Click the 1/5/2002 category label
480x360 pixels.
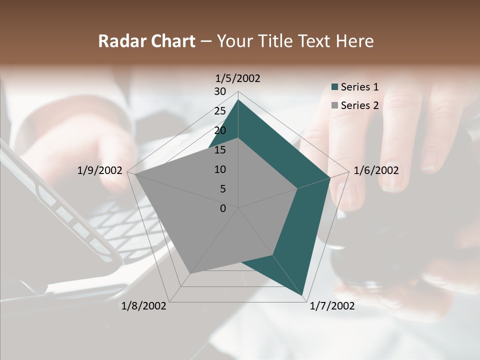point(238,78)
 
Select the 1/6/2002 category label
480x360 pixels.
point(376,170)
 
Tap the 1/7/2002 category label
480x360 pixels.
point(332,306)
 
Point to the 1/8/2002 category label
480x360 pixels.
point(144,306)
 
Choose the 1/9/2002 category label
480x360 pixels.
point(100,170)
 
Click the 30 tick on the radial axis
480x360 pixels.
point(219,91)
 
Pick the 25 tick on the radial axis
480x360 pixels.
point(219,111)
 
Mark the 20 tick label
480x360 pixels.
point(219,130)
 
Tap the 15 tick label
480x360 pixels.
point(219,150)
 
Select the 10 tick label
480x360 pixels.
point(219,169)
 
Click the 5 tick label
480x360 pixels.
point(222,189)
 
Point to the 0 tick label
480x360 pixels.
point(222,208)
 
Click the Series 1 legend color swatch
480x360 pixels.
point(335,87)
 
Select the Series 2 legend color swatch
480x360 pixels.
point(335,105)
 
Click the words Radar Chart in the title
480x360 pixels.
point(146,41)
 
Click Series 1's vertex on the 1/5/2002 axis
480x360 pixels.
point(238,99)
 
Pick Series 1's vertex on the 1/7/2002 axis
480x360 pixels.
point(302,295)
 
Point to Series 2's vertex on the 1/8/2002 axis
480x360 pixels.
point(190,273)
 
